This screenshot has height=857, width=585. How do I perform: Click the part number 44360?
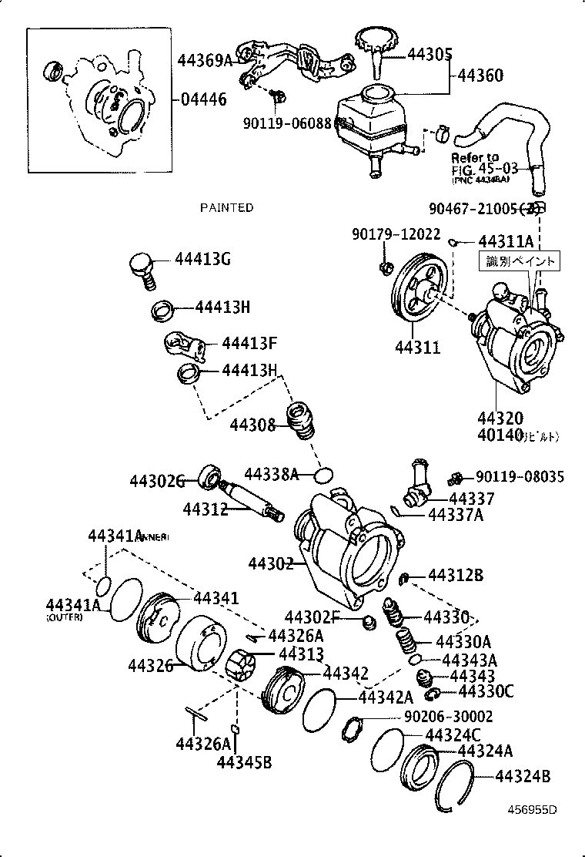coord(481,76)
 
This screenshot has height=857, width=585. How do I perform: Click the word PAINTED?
coord(226,208)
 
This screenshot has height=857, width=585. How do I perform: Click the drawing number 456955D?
coord(531,809)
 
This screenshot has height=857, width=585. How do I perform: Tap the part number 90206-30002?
coord(448,717)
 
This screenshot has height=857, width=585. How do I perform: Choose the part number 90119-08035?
coord(520,477)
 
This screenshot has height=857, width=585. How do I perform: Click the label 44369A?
coord(205,60)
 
